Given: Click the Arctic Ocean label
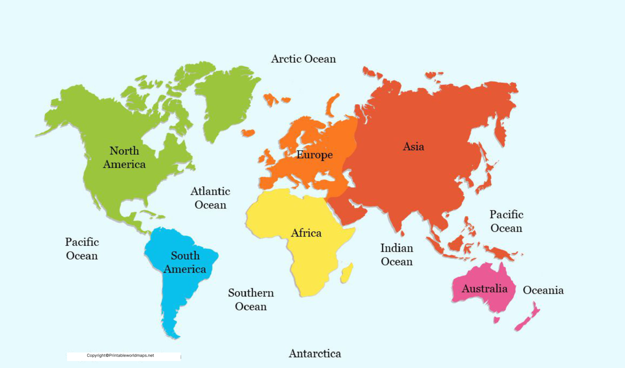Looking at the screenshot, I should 304,59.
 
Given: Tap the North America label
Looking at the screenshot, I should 125,158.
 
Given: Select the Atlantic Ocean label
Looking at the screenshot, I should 210,198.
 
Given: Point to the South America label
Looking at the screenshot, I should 185,262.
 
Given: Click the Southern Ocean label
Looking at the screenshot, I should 251,300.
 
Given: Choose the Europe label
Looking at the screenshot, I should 315,155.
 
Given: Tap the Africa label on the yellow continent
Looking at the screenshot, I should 306,233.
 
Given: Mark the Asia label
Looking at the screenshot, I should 413,147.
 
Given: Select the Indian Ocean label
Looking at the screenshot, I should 397,255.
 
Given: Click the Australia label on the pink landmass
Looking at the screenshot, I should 485,289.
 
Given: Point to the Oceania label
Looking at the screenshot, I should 543,290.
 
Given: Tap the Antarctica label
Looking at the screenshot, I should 315,353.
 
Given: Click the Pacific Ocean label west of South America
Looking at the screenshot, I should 82,249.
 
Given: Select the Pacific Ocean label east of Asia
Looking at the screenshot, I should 506,221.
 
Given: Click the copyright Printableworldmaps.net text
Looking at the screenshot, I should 120,355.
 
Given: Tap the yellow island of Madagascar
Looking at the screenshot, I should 347,273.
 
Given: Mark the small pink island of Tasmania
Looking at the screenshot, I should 496,320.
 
